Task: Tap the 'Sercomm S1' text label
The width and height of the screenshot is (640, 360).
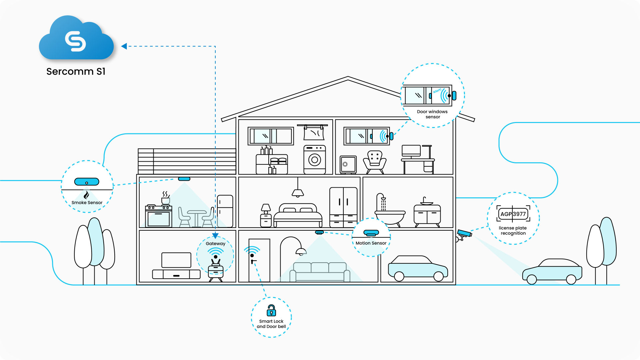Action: coord(76,71)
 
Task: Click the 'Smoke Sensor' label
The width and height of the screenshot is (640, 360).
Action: coord(87,203)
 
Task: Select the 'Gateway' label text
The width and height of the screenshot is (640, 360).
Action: coord(215,244)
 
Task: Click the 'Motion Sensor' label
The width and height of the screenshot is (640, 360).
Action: coord(371,243)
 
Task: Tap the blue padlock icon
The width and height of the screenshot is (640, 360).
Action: coord(271,311)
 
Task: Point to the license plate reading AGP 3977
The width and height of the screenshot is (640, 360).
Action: coord(513,214)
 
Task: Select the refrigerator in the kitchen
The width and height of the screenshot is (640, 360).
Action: coord(225,211)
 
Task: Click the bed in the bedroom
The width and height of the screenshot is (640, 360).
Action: coord(298,215)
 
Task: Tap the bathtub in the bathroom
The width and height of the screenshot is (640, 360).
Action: coord(390,216)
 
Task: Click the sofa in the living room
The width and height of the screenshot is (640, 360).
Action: coord(320,272)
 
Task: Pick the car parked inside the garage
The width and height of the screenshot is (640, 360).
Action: coord(417,268)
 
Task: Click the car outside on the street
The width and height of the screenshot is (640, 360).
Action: coord(552,271)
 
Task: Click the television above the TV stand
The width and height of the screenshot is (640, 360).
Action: coord(176,260)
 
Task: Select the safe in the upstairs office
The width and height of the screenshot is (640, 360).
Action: coord(348,164)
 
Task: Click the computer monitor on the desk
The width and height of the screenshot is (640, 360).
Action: coord(411,151)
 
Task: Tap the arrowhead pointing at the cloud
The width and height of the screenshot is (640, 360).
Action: coord(124,46)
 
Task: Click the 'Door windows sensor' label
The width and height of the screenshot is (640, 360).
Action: coord(432,114)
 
